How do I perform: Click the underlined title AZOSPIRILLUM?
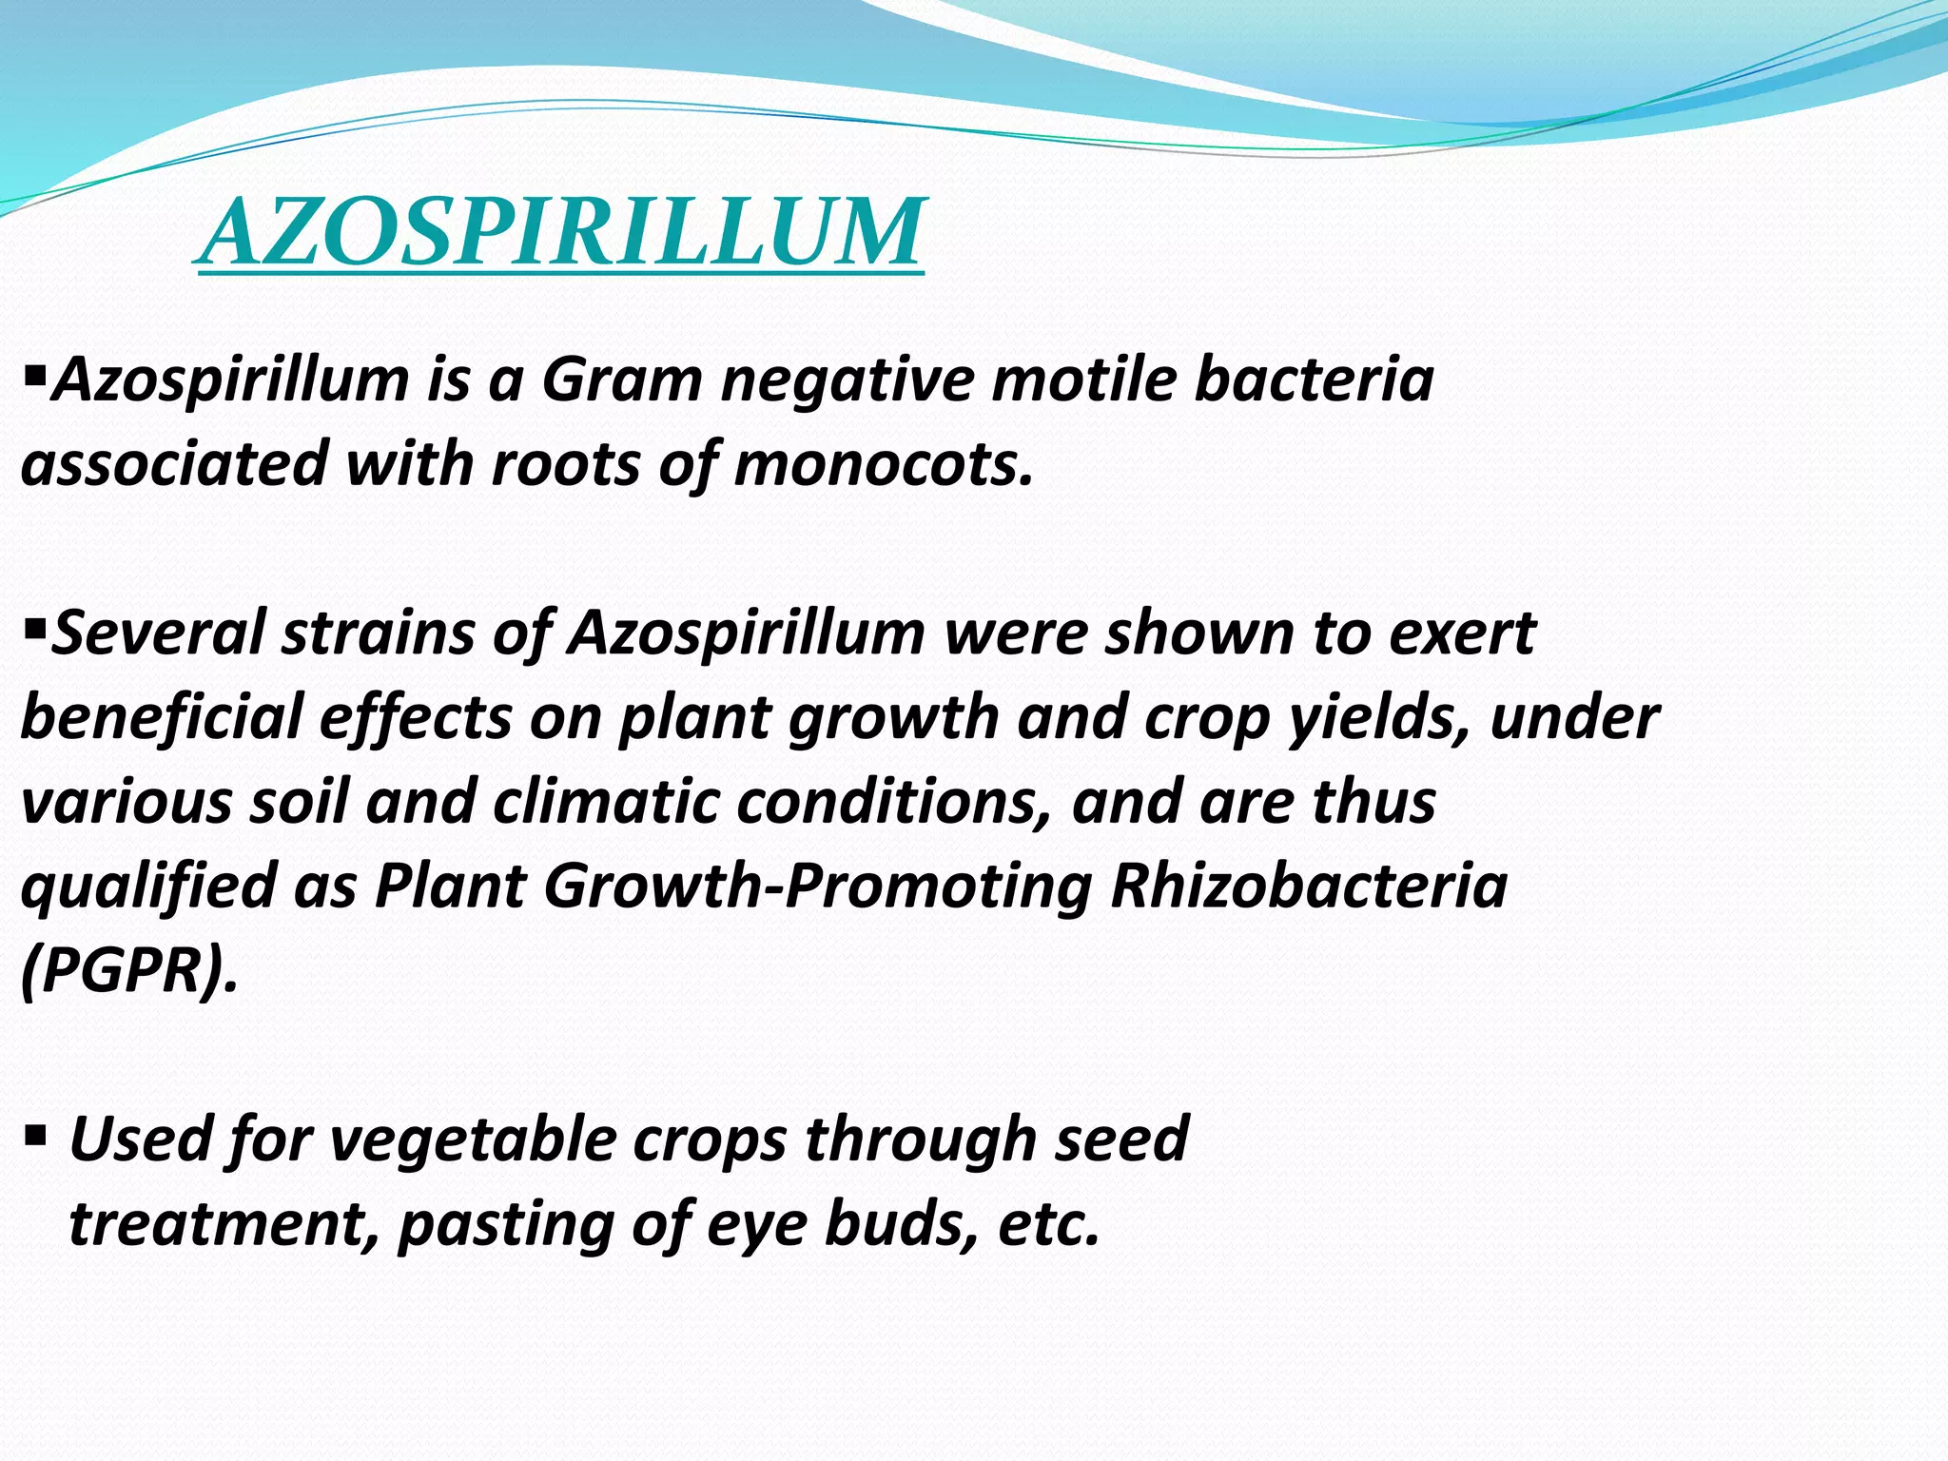561,232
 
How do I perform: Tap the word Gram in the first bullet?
620,380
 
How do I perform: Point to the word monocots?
883,465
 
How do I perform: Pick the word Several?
158,633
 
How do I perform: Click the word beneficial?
161,717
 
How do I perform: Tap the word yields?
1380,717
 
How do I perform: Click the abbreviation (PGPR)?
128,970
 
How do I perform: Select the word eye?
756,1224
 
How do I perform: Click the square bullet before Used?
35,1134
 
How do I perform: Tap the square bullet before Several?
34,627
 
